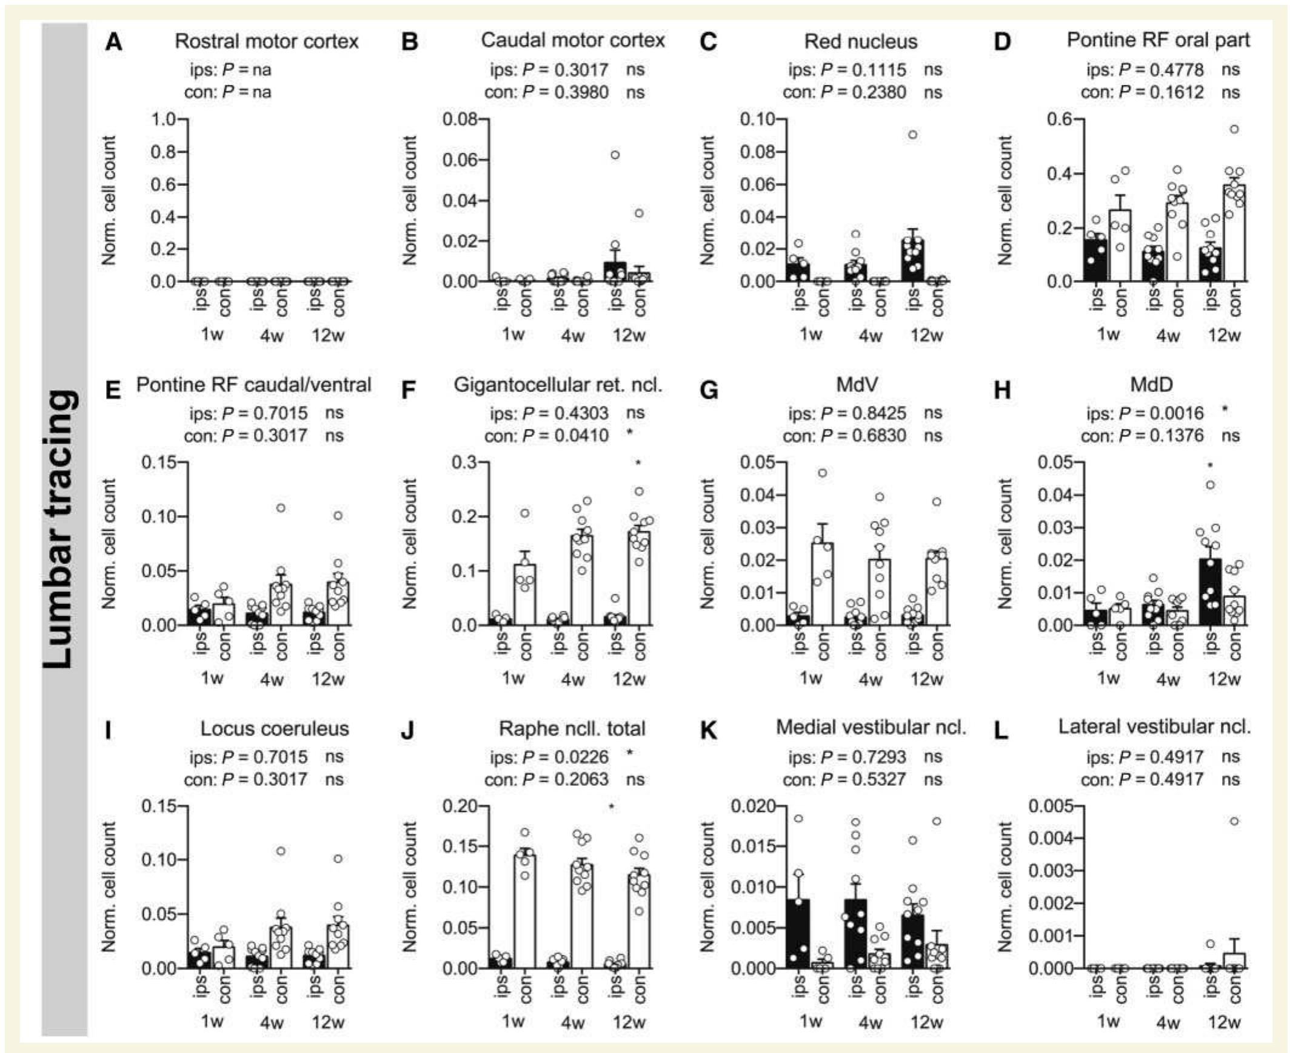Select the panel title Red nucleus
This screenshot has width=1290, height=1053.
(860, 41)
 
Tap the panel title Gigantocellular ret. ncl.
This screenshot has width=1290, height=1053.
(558, 385)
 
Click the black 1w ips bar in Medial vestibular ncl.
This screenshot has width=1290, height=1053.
(799, 934)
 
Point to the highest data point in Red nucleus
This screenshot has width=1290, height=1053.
(913, 135)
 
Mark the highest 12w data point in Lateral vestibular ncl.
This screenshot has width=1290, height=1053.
(1234, 822)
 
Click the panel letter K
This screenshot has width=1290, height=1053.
(707, 730)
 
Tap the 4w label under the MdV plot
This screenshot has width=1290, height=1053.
(869, 679)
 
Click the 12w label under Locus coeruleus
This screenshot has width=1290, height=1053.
(328, 1022)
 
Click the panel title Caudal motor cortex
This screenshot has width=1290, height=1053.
(572, 40)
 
